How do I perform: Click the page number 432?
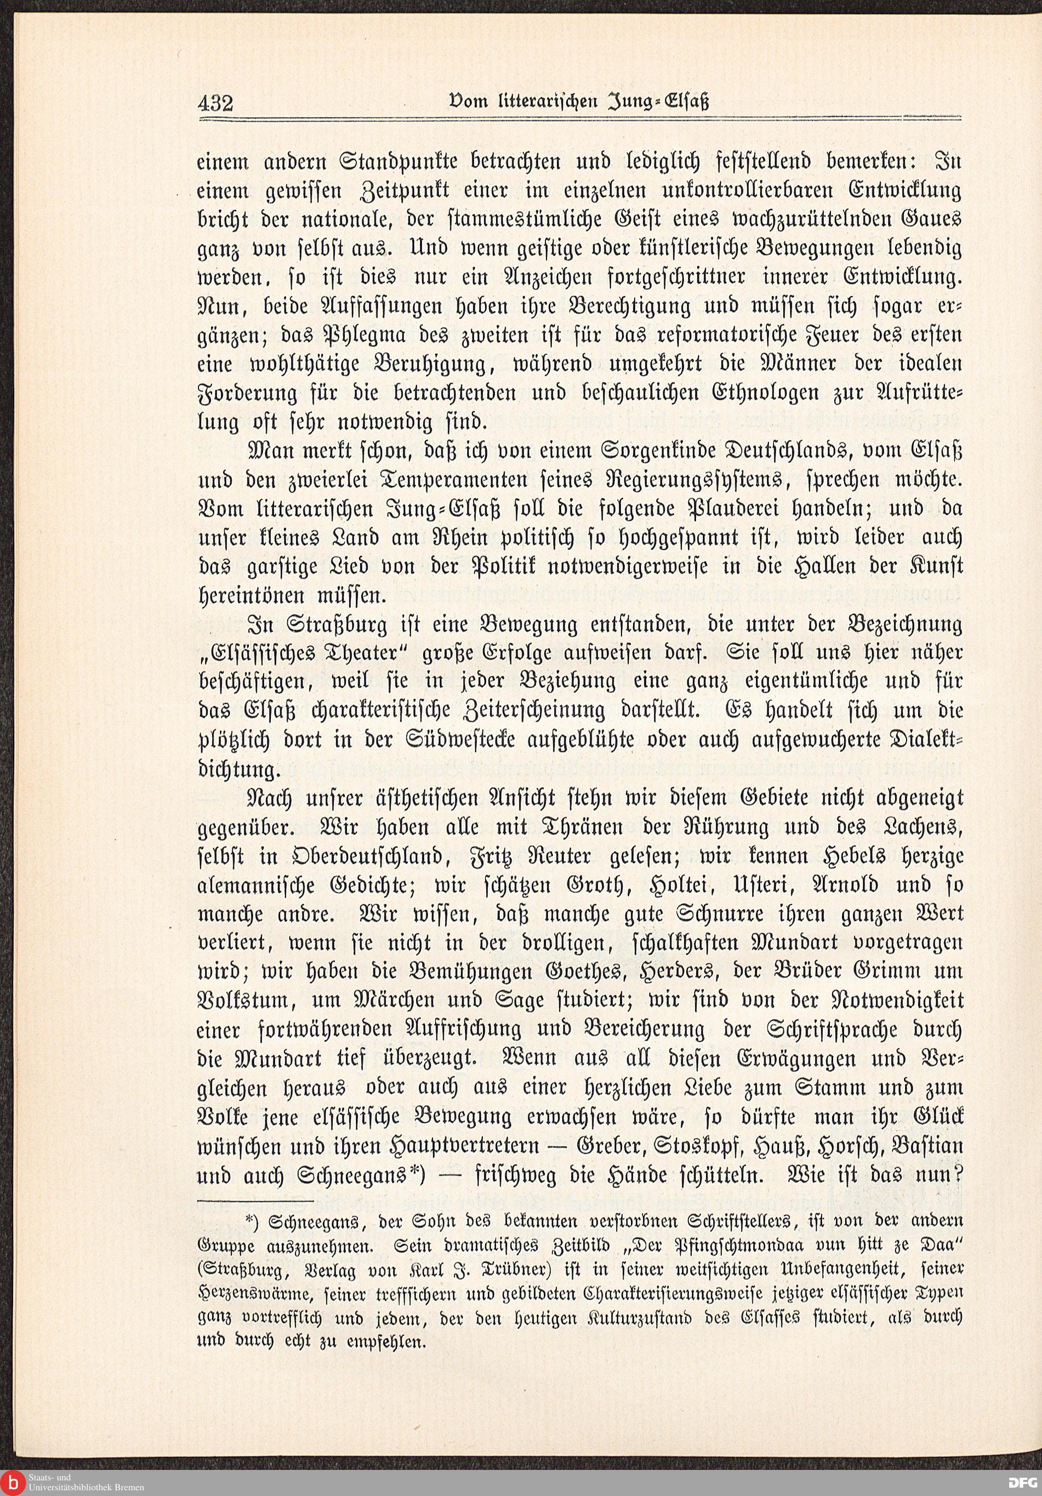tap(215, 103)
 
